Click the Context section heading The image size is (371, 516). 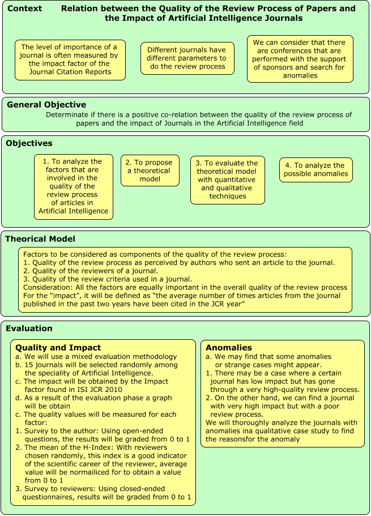coord(24,8)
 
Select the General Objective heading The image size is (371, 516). coord(46,104)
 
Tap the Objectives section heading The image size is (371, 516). coord(29,143)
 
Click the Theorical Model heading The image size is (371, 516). coord(40,238)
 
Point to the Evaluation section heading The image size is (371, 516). coord(29,328)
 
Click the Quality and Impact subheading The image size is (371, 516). coord(58,347)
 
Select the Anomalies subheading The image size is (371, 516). coord(229,347)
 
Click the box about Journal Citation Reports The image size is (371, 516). coord(70,59)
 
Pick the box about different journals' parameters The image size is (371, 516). coord(187,58)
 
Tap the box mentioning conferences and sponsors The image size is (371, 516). coord(300,59)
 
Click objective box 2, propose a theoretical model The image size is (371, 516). coord(150,170)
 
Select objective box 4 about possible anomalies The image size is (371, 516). coord(315,169)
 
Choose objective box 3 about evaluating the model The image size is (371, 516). coord(227,180)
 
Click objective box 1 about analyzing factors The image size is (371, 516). coord(73,186)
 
